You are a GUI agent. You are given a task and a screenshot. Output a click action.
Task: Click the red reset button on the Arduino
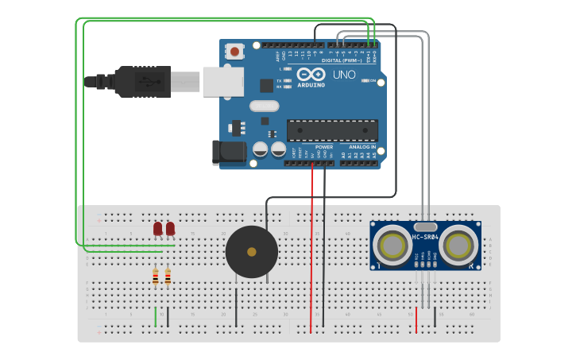click(235, 52)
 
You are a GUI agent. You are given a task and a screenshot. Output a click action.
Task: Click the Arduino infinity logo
click(309, 74)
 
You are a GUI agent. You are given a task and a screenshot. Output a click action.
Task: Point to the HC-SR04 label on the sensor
click(425, 237)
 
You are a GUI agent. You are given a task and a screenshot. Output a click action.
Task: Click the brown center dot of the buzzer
click(252, 252)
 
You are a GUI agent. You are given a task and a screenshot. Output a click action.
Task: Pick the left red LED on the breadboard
click(157, 229)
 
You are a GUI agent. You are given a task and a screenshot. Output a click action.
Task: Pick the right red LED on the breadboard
click(170, 229)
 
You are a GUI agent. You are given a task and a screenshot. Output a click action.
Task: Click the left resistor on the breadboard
click(156, 277)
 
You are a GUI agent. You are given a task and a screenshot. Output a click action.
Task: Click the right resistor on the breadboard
click(168, 277)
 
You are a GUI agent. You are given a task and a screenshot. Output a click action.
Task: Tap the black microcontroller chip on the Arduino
click(332, 130)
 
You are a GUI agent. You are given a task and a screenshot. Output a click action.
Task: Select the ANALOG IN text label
click(362, 147)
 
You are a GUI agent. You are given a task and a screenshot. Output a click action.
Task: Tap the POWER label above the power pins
click(324, 147)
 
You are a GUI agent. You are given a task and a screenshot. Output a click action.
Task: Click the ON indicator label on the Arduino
click(373, 80)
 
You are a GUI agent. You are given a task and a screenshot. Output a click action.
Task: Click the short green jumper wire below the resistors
click(156, 317)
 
